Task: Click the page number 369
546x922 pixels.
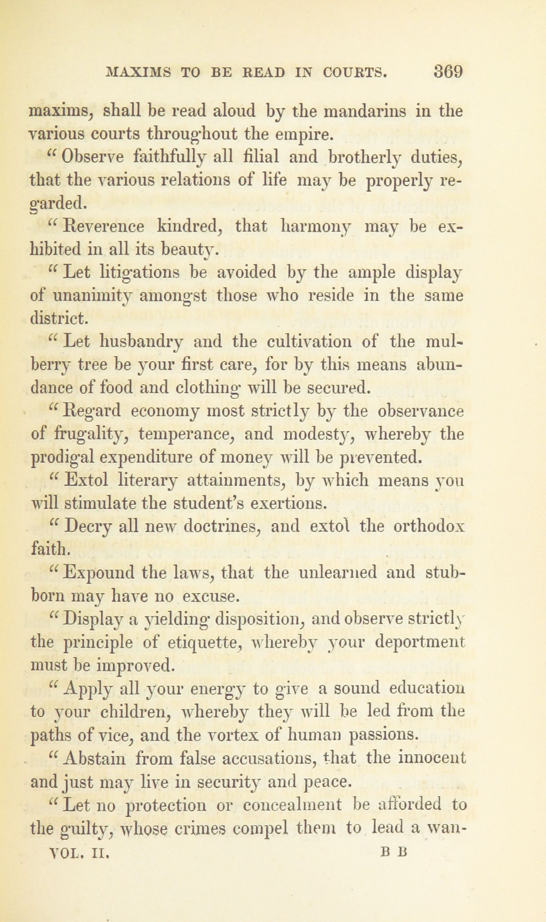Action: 448,72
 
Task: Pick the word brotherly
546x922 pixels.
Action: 368,158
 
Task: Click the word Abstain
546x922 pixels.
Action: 95,758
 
